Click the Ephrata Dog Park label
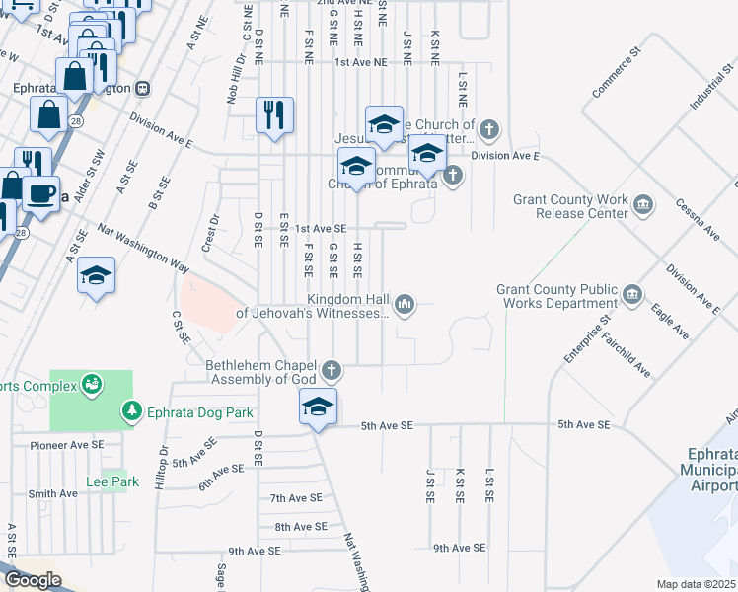tap(200, 412)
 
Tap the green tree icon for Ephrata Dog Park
tap(130, 410)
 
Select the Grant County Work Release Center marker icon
tap(643, 205)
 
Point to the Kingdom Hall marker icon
tap(403, 304)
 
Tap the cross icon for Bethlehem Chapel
tap(332, 371)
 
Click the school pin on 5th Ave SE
tap(318, 407)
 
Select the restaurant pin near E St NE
tap(274, 114)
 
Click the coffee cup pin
tap(40, 193)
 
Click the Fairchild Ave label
tap(628, 355)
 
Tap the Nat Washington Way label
tap(143, 248)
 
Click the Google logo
tap(33, 580)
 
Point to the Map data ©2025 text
tap(697, 584)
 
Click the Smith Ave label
tap(53, 493)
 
